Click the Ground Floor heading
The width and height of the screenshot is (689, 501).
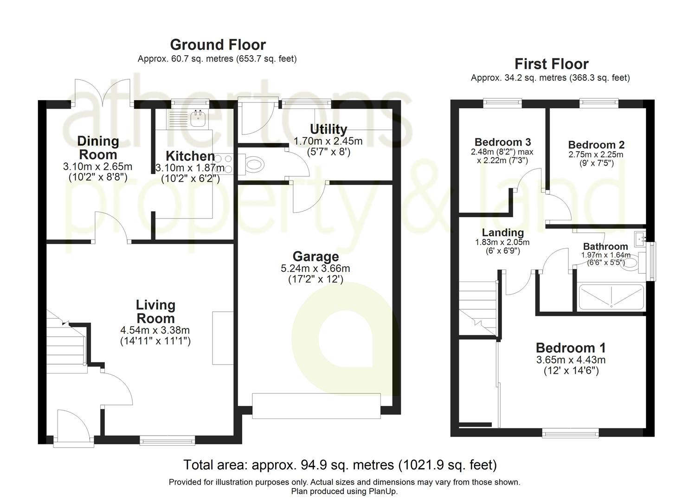pos(218,45)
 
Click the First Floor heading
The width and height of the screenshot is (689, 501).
pos(551,64)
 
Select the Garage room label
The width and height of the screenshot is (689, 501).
pos(316,256)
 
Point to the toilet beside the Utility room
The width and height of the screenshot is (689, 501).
pos(254,164)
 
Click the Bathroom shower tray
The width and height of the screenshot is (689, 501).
pos(611,296)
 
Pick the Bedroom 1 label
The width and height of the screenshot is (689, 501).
pos(570,347)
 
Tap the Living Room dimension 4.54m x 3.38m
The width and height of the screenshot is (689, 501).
pos(155,330)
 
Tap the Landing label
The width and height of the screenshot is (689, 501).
pos(502,232)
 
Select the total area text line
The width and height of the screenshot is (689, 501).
pos(340,464)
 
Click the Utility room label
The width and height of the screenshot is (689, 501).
pos(328,129)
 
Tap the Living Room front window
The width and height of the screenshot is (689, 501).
pos(167,440)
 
